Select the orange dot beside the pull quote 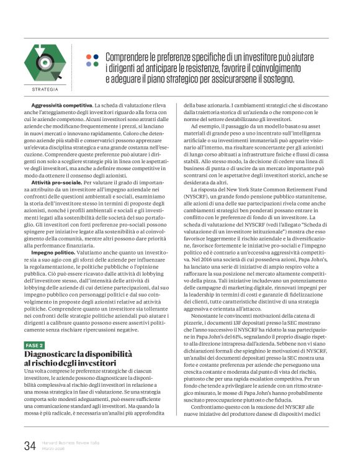89,56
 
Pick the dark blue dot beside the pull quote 89,64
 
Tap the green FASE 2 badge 34,344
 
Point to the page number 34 29,446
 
